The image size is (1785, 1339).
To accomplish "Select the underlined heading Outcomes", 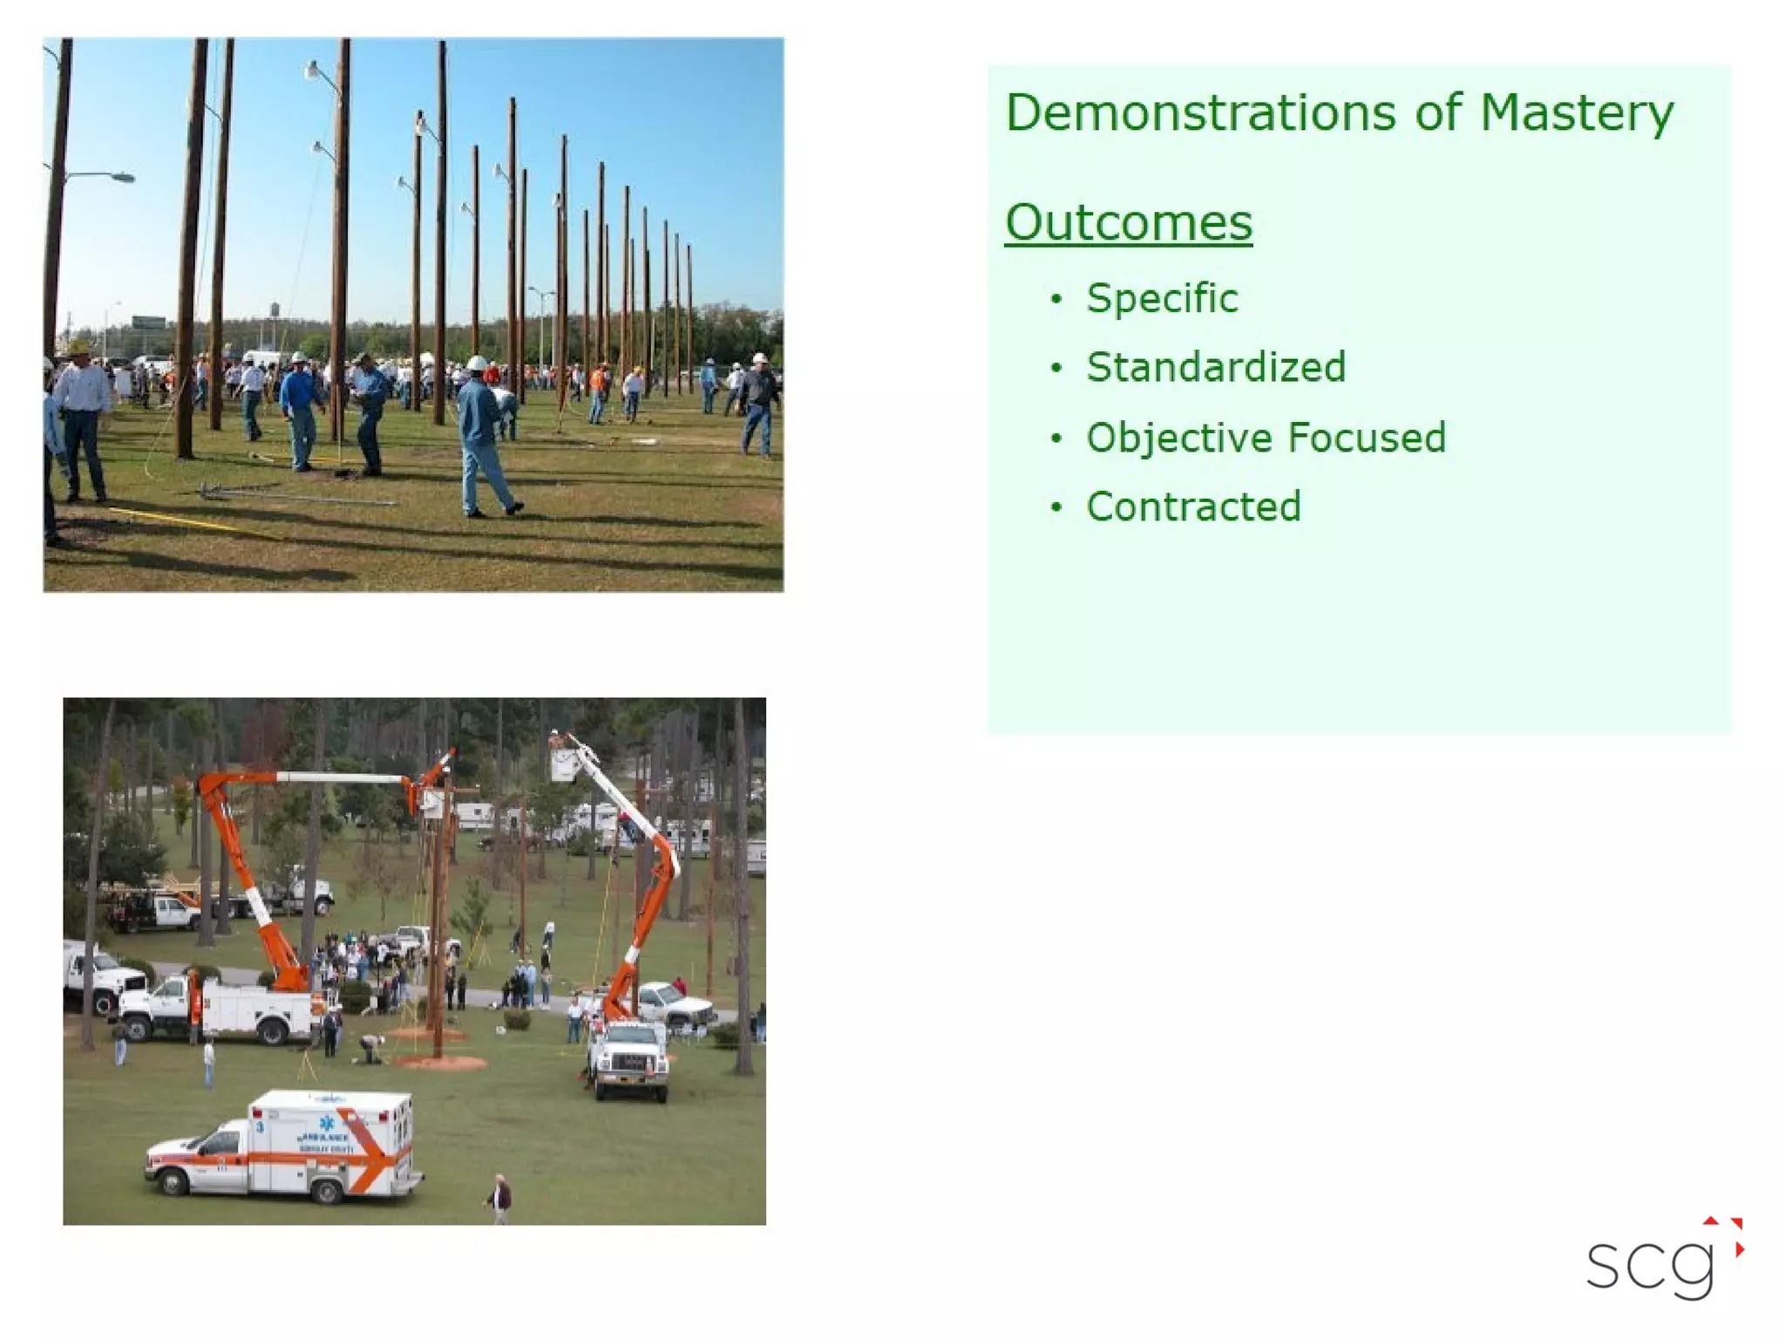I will [x=1128, y=223].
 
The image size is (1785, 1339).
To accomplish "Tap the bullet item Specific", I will [x=1161, y=299].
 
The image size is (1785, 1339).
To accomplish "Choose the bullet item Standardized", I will [x=1215, y=367].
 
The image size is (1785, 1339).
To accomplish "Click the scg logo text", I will [x=1649, y=1266].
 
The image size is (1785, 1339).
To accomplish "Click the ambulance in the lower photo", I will [x=288, y=1145].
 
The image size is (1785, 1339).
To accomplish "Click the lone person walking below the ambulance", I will [x=499, y=1198].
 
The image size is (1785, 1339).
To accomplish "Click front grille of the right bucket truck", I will [x=633, y=1064].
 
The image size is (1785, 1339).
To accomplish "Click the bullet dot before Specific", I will [x=1056, y=300].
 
